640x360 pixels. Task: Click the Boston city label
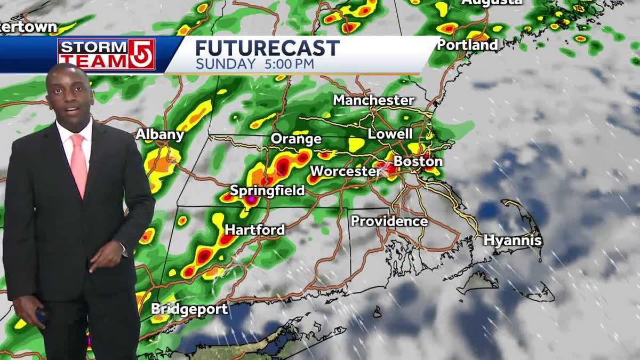pyautogui.click(x=418, y=161)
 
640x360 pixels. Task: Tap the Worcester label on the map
pyautogui.click(x=345, y=171)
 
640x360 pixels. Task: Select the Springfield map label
pyautogui.click(x=267, y=190)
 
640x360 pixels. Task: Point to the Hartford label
pyautogui.click(x=254, y=230)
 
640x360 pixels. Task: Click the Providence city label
pyautogui.click(x=389, y=221)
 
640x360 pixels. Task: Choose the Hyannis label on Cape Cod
pyautogui.click(x=513, y=241)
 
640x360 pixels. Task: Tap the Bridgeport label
pyautogui.click(x=189, y=309)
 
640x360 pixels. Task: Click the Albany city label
pyautogui.click(x=160, y=135)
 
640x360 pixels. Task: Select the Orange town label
pyautogui.click(x=296, y=139)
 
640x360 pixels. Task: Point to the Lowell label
pyautogui.click(x=390, y=134)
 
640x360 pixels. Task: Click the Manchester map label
pyautogui.click(x=373, y=100)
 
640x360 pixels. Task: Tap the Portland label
pyautogui.click(x=467, y=45)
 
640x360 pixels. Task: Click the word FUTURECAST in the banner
pyautogui.click(x=267, y=49)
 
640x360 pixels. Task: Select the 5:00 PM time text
pyautogui.click(x=287, y=64)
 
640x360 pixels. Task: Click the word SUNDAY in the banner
pyautogui.click(x=226, y=64)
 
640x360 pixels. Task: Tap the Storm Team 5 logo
pyautogui.click(x=106, y=54)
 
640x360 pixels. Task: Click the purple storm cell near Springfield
pyautogui.click(x=250, y=199)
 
